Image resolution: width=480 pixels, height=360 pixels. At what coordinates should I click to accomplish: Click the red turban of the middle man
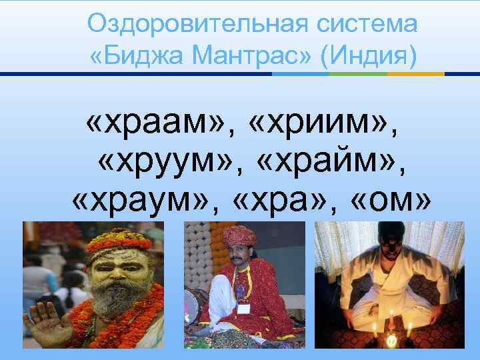pos(241,234)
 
